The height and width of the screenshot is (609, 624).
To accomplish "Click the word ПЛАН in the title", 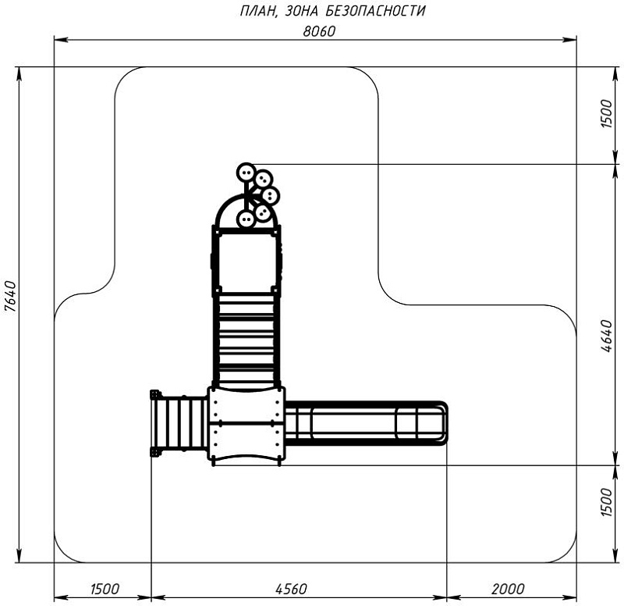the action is pyautogui.click(x=258, y=11).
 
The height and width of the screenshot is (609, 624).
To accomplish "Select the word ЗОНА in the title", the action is pyautogui.click(x=302, y=11).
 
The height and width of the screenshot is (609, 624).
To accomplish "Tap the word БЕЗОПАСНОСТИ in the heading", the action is pyautogui.click(x=376, y=11).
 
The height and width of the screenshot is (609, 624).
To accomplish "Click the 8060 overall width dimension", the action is pyautogui.click(x=319, y=31).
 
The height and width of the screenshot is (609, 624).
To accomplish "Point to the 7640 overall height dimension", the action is pyautogui.click(x=10, y=297).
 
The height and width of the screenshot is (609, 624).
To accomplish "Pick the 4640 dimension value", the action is pyautogui.click(x=608, y=336).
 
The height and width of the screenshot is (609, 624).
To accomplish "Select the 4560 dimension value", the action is pyautogui.click(x=291, y=589).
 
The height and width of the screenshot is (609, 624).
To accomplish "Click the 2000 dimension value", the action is pyautogui.click(x=509, y=589).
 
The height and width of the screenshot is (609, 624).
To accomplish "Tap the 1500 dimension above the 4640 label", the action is pyautogui.click(x=608, y=114).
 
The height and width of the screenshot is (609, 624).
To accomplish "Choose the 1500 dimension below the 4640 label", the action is pyautogui.click(x=608, y=503).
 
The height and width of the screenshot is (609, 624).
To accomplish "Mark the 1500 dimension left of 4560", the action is pyautogui.click(x=105, y=589).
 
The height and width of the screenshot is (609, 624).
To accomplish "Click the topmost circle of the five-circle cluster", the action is pyautogui.click(x=246, y=173).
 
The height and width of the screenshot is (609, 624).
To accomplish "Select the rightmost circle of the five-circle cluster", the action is pyautogui.click(x=270, y=195).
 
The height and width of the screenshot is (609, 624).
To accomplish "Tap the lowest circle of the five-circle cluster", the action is pyautogui.click(x=246, y=219).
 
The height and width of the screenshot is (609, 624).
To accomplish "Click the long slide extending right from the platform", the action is pyautogui.click(x=366, y=423).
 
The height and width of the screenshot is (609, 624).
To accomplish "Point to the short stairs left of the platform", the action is pyautogui.click(x=180, y=423).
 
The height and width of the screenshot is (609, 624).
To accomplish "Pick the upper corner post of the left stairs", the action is pyautogui.click(x=154, y=395).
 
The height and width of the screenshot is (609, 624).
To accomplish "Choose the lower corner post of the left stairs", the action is pyautogui.click(x=154, y=451).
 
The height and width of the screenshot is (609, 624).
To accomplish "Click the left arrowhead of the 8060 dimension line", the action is pyautogui.click(x=61, y=40).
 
